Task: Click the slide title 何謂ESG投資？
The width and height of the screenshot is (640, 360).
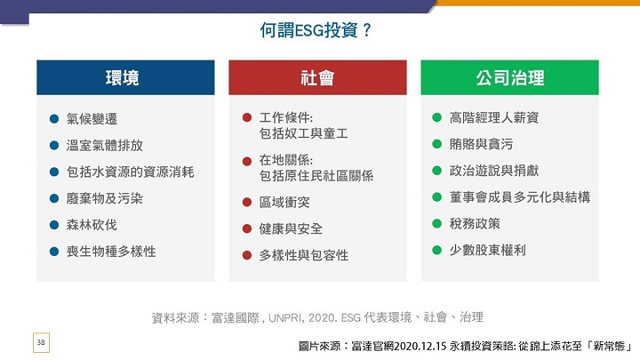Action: coord(316,30)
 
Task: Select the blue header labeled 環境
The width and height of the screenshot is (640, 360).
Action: coord(125,77)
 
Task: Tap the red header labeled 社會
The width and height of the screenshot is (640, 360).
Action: coord(317,77)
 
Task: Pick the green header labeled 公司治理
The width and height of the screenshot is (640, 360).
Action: coord(510,77)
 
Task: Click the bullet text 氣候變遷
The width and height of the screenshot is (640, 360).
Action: coord(92,119)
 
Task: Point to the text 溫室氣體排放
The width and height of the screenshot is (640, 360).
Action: coord(105,145)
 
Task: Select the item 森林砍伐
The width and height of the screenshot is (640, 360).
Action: coord(92,225)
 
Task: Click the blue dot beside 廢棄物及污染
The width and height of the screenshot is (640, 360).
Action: coord(54,199)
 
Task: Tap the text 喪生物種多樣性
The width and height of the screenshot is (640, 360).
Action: coord(111,252)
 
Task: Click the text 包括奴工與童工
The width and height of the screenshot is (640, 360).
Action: coord(303,133)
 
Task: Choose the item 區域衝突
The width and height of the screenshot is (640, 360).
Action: coord(284,202)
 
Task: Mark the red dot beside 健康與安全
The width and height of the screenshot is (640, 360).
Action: coord(247,228)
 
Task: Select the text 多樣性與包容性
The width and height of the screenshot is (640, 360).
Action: coord(304,255)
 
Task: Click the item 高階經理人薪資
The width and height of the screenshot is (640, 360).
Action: coord(494,117)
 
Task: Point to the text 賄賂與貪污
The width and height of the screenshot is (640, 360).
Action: coord(481,144)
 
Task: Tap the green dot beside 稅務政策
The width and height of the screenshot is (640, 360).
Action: coord(436,224)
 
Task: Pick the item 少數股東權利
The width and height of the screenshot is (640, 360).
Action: coord(488,250)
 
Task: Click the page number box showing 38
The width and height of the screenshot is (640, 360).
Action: coord(41,342)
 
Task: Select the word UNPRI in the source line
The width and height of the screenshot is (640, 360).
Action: coord(285,317)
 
